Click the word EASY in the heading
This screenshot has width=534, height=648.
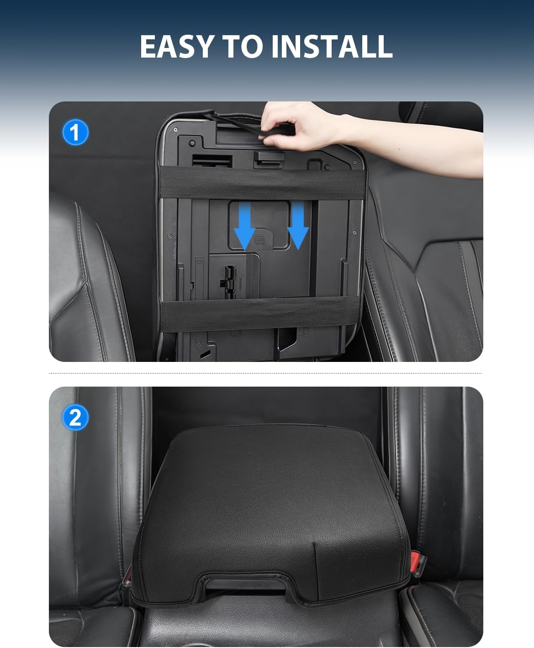tap(176, 46)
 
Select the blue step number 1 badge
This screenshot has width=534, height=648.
tap(75, 133)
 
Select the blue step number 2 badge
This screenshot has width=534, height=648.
tap(75, 417)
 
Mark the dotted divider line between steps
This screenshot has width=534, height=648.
tap(265, 373)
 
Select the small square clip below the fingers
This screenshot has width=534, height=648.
tap(265, 158)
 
